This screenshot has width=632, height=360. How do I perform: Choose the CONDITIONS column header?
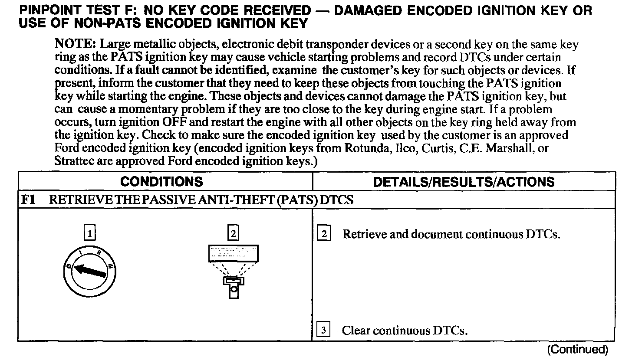click(161, 182)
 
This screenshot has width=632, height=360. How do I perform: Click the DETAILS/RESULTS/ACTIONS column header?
click(464, 182)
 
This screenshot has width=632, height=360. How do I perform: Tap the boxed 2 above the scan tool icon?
click(233, 234)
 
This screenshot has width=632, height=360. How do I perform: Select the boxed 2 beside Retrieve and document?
click(324, 234)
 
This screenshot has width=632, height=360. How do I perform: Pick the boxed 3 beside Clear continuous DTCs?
click(324, 331)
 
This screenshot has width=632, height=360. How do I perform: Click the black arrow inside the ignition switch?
click(90, 271)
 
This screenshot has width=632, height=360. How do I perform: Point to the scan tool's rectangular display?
click(233, 253)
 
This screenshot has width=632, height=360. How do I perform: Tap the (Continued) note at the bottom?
click(577, 350)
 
